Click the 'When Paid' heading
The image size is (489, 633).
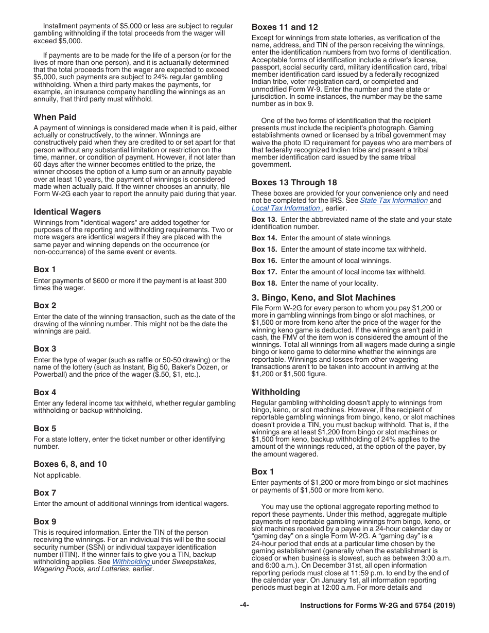pos(55,117)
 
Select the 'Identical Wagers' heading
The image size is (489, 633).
pos(67,212)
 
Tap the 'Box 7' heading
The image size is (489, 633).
pos(45,493)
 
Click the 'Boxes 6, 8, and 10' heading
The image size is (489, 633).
pos(71,464)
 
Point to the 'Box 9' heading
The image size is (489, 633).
pos(45,522)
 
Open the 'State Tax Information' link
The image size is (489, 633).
pos(394,201)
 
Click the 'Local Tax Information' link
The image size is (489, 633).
pos(286,208)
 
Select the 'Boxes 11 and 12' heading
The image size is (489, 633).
pos(285,27)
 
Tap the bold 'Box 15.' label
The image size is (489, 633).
pos(265,250)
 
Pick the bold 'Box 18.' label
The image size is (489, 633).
pos(265,284)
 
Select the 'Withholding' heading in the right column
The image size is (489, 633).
pos(276,392)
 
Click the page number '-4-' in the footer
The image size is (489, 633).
pos(244,605)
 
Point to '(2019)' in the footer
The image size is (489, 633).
pos(443,606)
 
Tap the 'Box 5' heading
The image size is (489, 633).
pos(45,429)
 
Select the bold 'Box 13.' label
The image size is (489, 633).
pos(265,220)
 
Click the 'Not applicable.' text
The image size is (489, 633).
pos(57,476)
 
